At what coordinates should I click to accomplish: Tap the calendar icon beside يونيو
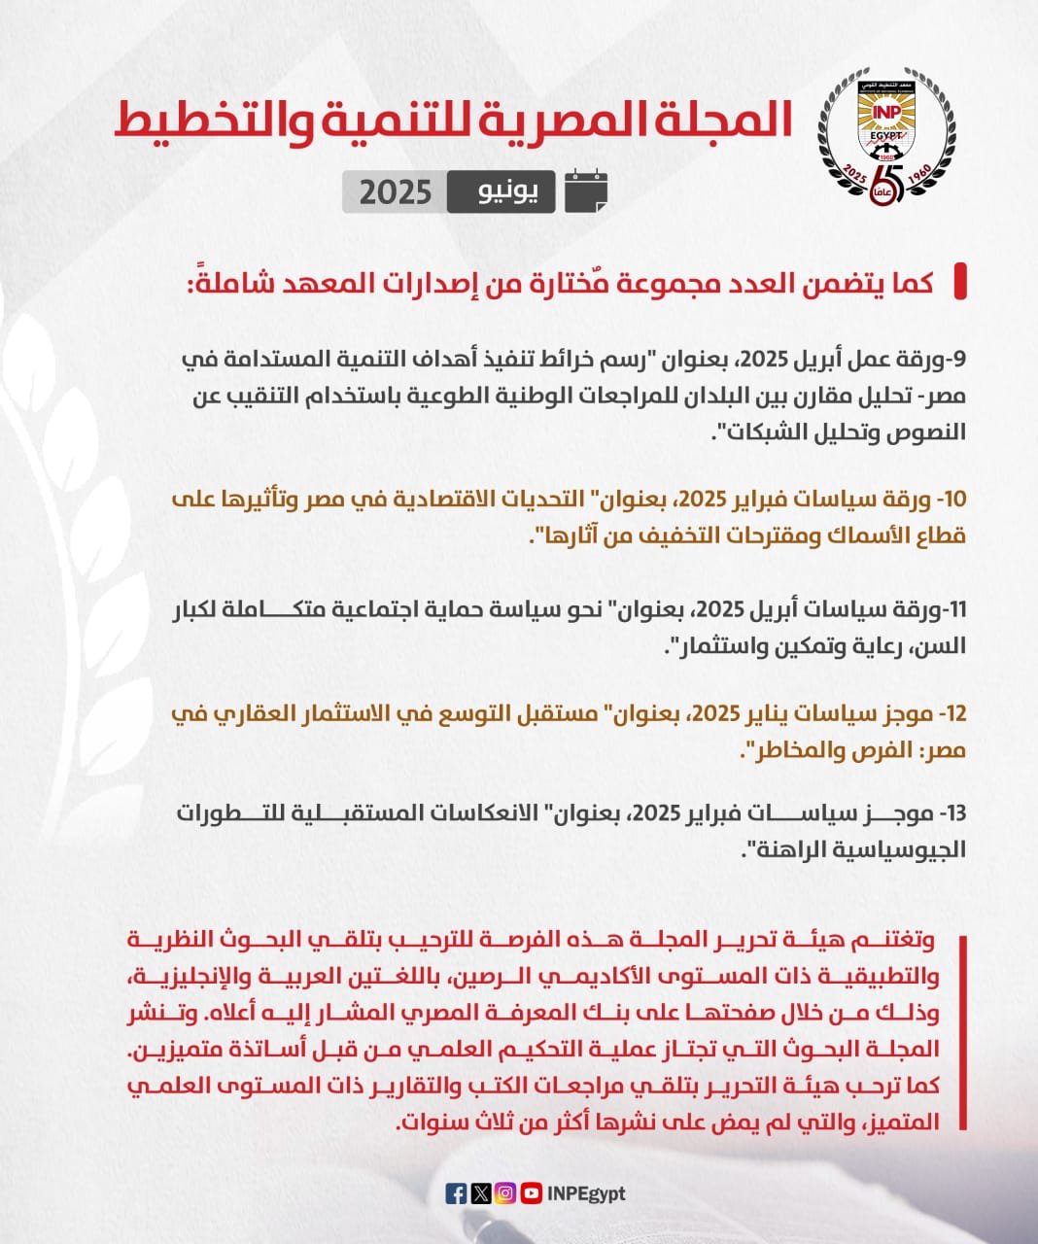[x=586, y=190]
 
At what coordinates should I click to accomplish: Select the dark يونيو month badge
[x=501, y=191]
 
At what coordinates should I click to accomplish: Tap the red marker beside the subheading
[x=960, y=282]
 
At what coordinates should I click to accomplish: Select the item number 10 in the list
[x=952, y=500]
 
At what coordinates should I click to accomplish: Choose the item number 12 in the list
[x=952, y=714]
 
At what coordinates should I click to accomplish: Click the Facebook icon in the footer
[x=456, y=1193]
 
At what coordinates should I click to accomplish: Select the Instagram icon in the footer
[x=505, y=1193]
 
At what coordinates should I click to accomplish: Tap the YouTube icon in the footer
[x=531, y=1193]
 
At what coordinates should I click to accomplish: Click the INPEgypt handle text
[x=586, y=1193]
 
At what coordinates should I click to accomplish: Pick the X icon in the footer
[x=480, y=1193]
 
